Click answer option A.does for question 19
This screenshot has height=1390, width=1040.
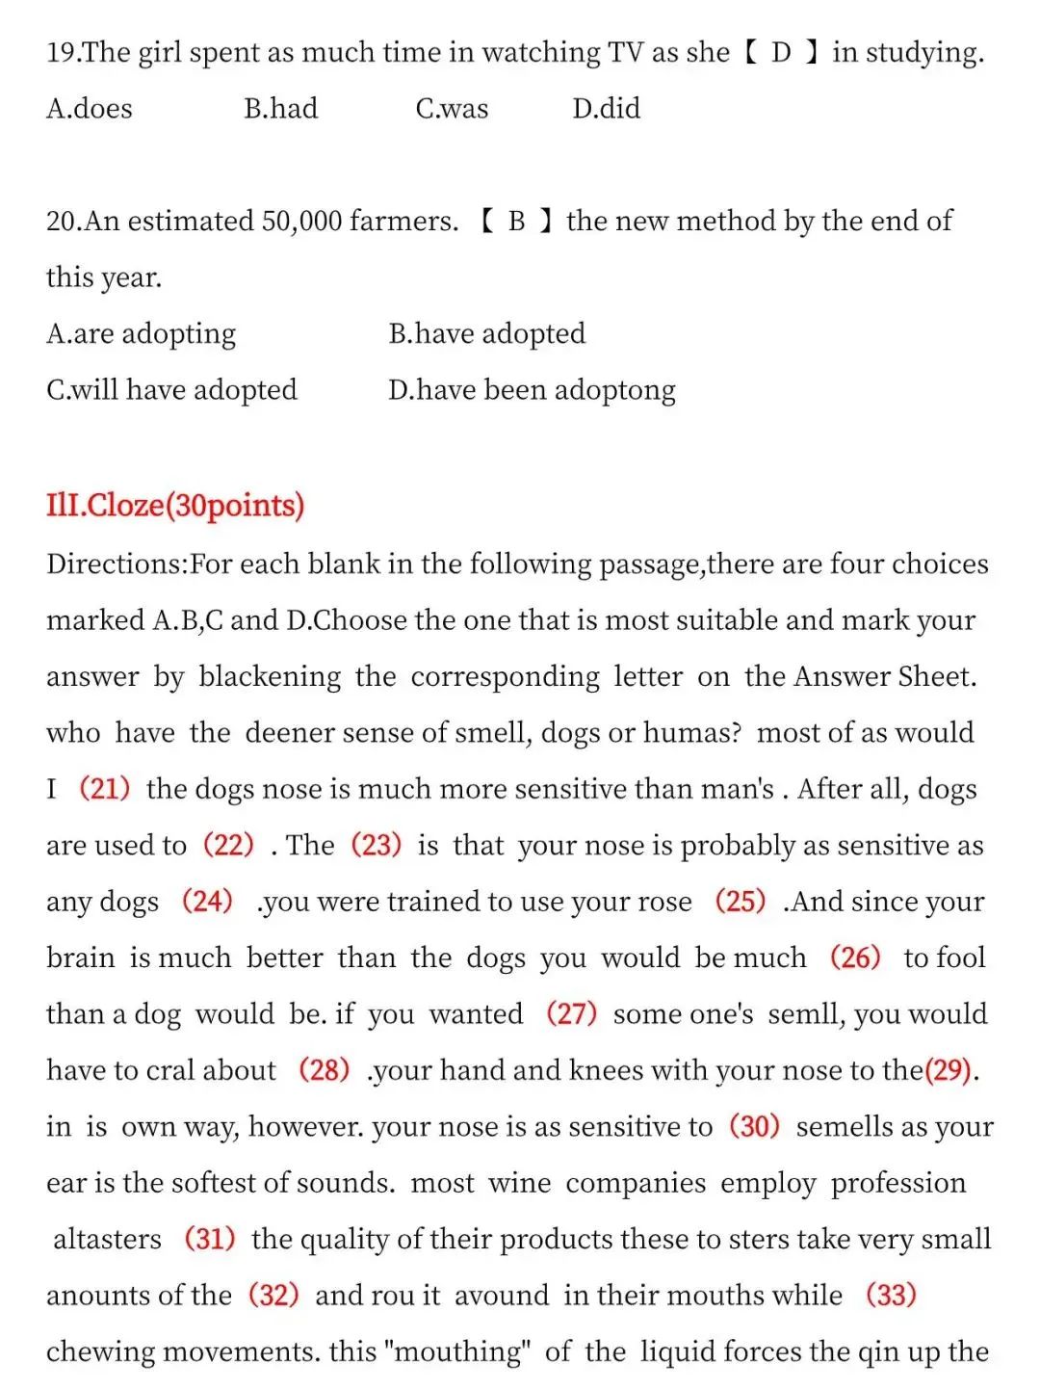pyautogui.click(x=90, y=108)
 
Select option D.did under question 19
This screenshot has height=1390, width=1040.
pyautogui.click(x=606, y=108)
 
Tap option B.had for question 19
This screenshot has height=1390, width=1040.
pyautogui.click(x=280, y=108)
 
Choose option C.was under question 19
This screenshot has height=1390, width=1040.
pyautogui.click(x=452, y=108)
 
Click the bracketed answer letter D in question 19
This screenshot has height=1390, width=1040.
pyautogui.click(x=781, y=52)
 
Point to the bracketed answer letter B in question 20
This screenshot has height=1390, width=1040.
pyautogui.click(x=517, y=222)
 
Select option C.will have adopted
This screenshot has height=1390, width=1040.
pyautogui.click(x=171, y=390)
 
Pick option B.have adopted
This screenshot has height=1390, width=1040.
pyautogui.click(x=486, y=333)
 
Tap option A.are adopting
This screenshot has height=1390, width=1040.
pyautogui.click(x=141, y=333)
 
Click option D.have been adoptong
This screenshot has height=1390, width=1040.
pyautogui.click(x=532, y=390)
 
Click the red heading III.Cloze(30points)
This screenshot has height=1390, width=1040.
pyautogui.click(x=175, y=505)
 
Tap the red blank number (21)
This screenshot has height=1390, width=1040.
pyautogui.click(x=104, y=789)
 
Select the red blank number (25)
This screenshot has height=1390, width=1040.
pyautogui.click(x=740, y=902)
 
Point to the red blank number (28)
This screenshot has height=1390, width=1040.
pyautogui.click(x=324, y=1070)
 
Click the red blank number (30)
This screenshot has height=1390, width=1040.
pyautogui.click(x=754, y=1126)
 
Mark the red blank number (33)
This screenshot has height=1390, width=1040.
pyautogui.click(x=891, y=1295)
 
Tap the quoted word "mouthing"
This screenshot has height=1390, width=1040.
pyautogui.click(x=457, y=1351)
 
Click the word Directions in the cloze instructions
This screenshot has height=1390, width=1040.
pyautogui.click(x=116, y=564)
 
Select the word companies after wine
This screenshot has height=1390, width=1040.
pyautogui.click(x=636, y=1183)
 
